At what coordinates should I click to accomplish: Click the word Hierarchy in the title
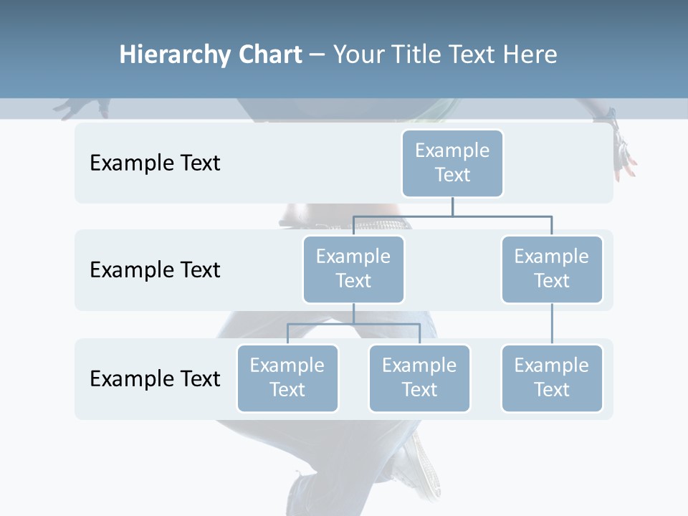[174, 55]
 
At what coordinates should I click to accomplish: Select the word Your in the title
[358, 55]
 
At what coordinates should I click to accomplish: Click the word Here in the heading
[529, 55]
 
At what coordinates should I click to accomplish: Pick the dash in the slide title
[317, 55]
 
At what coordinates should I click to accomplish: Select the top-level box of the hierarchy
[452, 163]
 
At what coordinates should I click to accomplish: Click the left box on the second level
[353, 269]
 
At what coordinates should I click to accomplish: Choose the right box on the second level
[552, 269]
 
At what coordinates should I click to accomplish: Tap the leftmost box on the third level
[287, 378]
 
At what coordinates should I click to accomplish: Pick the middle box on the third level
[419, 378]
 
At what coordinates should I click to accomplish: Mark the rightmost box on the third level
[552, 378]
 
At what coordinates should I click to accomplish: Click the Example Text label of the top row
[155, 163]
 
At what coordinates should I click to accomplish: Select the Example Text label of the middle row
[155, 270]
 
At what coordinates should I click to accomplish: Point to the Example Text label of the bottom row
[155, 378]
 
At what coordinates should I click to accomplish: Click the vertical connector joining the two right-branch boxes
[552, 324]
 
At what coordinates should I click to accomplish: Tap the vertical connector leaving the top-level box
[452, 206]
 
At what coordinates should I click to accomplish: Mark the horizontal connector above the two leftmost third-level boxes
[353, 324]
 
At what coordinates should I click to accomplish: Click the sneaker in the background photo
[419, 466]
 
